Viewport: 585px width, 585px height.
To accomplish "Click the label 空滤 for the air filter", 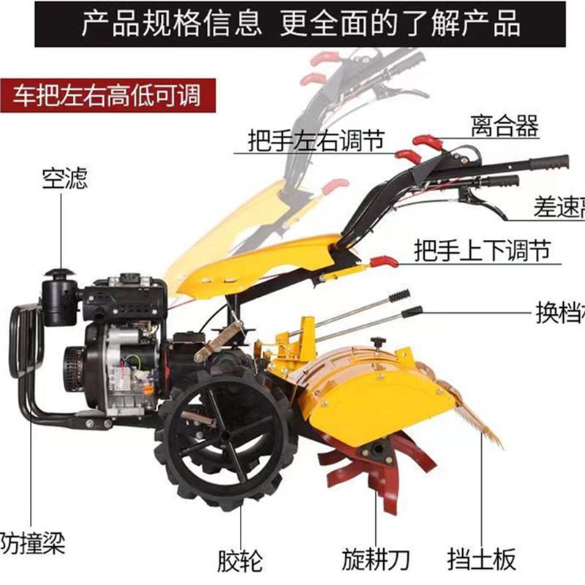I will [x=64, y=178].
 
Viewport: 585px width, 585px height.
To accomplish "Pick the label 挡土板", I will [x=482, y=560].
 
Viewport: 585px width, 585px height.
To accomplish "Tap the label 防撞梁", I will [x=33, y=543].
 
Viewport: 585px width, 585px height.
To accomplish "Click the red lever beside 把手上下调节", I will [x=383, y=261].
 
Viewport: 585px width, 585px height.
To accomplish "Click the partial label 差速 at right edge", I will [x=559, y=209].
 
